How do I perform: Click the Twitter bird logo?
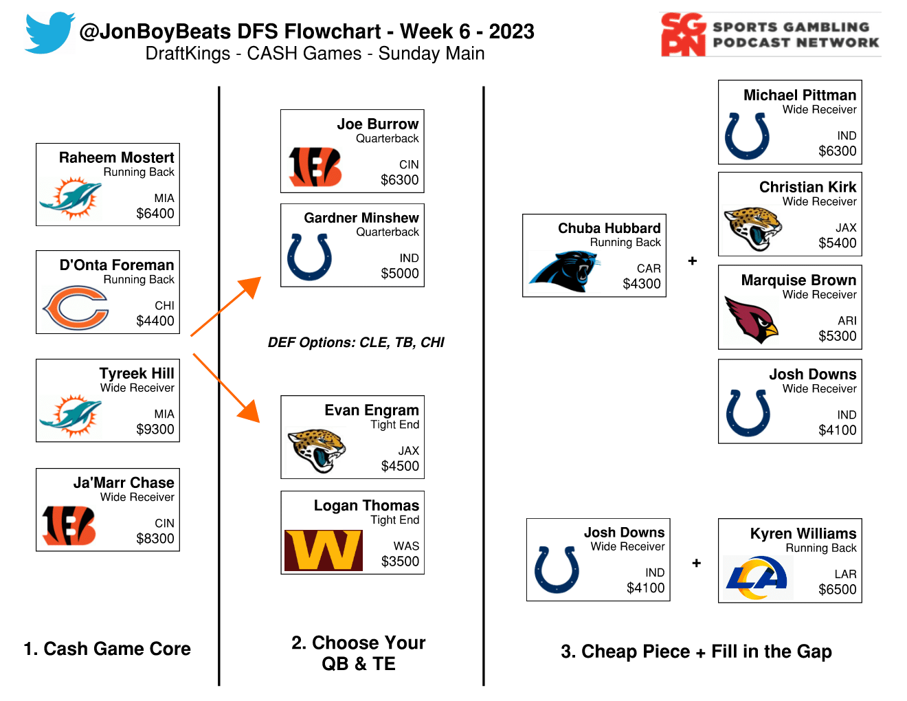pos(49,32)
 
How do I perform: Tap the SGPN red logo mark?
pos(683,34)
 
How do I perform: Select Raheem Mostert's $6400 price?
pos(155,213)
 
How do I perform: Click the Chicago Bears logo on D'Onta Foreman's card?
pos(76,308)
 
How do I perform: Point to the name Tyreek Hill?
pos(137,373)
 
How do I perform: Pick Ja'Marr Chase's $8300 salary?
pos(155,539)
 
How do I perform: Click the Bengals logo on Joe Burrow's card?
pos(315,167)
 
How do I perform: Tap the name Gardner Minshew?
pos(361,218)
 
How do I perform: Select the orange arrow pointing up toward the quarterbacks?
pos(226,306)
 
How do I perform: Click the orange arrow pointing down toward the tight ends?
pos(226,388)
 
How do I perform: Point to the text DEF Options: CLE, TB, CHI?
pos(356,342)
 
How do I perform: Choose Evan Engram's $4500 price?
pos(400,466)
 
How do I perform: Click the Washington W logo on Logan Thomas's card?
pos(324,550)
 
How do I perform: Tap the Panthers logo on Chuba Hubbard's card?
pos(565,271)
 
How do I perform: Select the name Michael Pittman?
pos(800,96)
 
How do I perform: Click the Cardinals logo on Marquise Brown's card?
pos(751,320)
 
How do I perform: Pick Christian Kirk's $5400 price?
pos(838,243)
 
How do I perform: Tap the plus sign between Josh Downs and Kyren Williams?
pos(696,564)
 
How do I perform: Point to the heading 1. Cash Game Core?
pos(107,649)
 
